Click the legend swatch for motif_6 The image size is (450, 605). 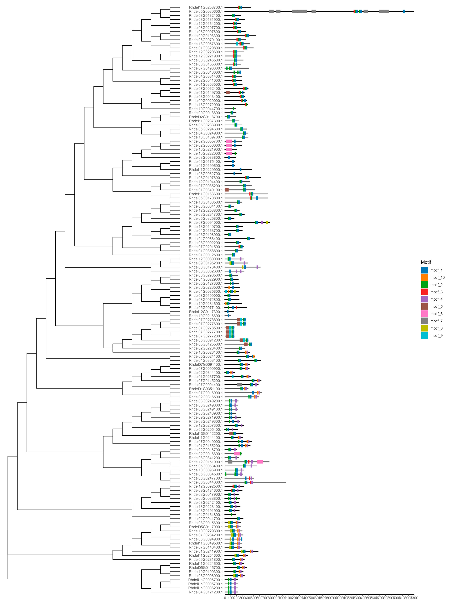coord(424,314)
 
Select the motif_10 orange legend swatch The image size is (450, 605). coord(424,277)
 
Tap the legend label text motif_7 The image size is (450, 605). coord(436,321)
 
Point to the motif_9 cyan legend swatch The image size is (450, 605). coord(424,335)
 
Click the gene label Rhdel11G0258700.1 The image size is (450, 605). coord(206,7)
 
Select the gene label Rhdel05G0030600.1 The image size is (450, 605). coord(206,11)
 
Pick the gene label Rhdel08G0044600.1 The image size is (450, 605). coord(206,482)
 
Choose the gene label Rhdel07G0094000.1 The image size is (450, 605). coord(206,222)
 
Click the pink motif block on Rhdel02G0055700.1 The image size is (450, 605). coord(229,141)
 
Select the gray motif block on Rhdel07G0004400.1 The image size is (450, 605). coord(239,385)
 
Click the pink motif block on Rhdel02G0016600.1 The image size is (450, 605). coord(237,454)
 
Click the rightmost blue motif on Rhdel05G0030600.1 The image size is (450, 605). coord(404,11)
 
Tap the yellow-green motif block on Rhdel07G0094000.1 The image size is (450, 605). coord(267,222)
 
